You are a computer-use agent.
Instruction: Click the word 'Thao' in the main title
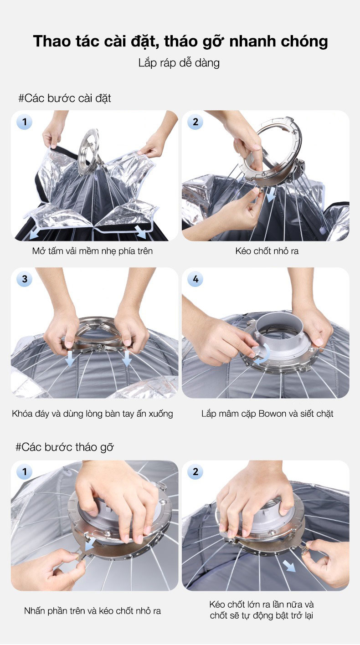[x=52, y=41]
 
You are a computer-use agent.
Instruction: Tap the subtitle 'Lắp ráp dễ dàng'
[x=179, y=63]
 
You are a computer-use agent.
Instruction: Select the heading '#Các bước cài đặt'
[x=65, y=98]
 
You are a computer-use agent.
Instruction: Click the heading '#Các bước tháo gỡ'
[x=65, y=447]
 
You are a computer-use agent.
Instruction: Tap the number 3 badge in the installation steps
[x=25, y=279]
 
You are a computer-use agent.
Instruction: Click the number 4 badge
[x=195, y=279]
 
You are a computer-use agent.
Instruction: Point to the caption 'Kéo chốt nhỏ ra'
[x=267, y=251]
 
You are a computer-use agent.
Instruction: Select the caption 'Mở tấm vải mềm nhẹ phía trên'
[x=92, y=251]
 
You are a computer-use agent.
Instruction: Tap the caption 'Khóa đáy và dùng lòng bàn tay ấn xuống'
[x=93, y=414]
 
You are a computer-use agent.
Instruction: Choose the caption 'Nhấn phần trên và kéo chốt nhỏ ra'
[x=93, y=611]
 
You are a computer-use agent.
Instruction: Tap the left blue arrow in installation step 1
[x=35, y=233]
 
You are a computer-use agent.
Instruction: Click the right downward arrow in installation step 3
[x=126, y=358]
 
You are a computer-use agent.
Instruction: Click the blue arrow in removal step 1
[x=91, y=544]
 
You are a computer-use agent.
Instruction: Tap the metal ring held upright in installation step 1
[x=89, y=152]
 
